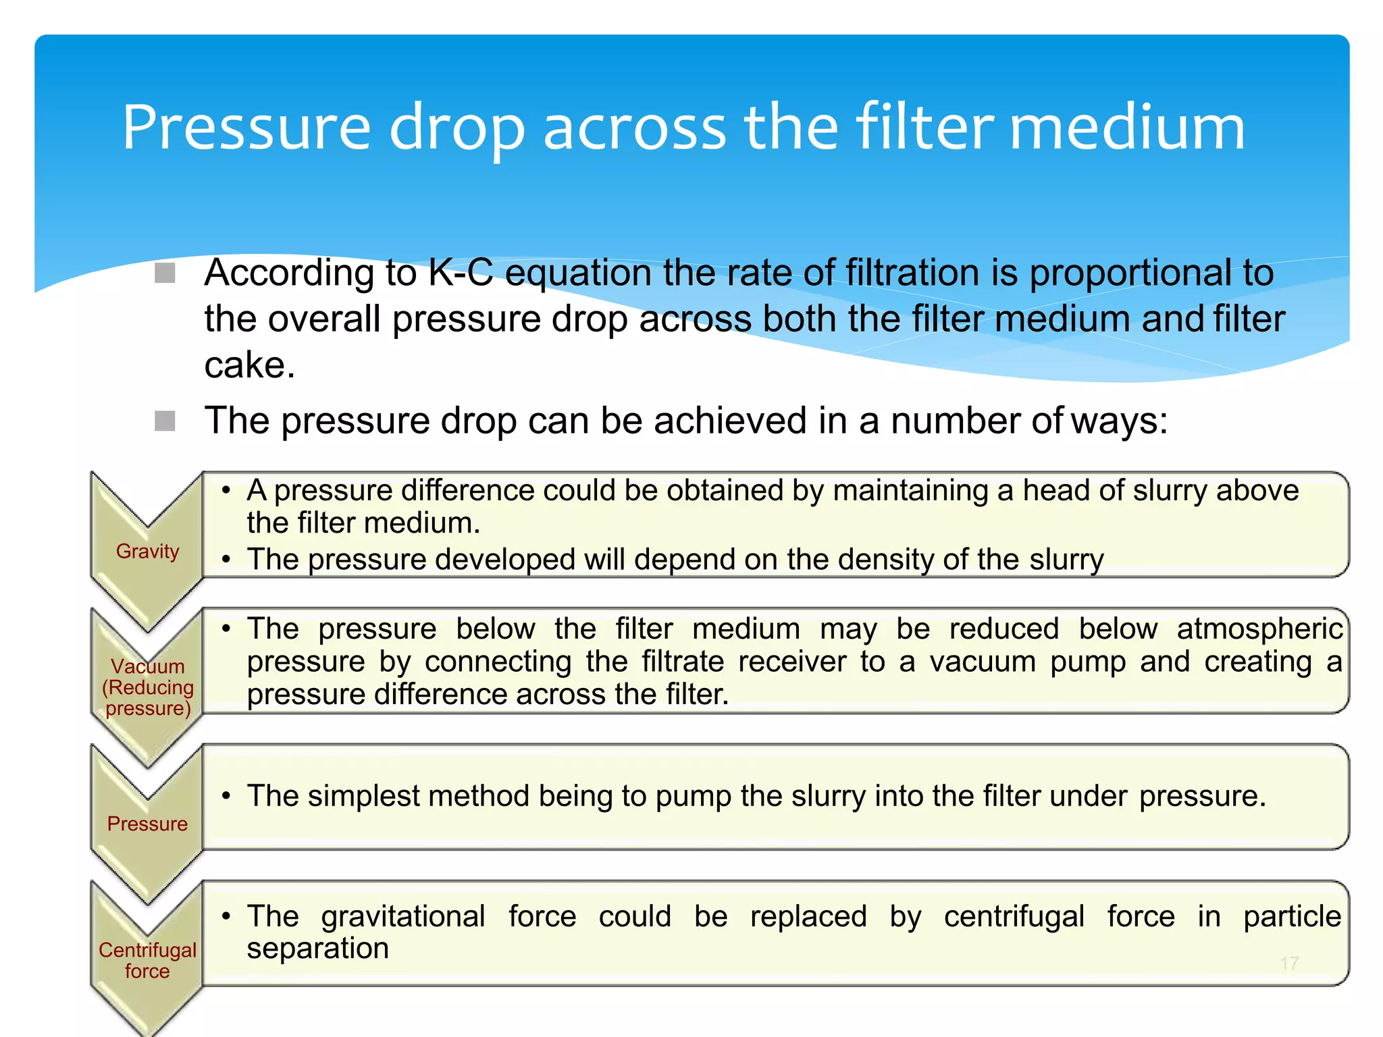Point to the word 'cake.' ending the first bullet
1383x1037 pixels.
[249, 366]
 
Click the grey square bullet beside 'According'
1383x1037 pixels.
[165, 273]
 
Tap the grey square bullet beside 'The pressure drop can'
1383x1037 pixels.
[165, 421]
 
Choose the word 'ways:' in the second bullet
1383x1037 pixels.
[1119, 421]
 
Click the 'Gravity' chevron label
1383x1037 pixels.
[147, 551]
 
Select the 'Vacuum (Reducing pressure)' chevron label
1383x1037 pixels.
[148, 687]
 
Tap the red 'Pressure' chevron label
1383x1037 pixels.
[147, 824]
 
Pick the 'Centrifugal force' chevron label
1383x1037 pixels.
[147, 960]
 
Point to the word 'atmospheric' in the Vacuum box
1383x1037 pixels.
[1259, 629]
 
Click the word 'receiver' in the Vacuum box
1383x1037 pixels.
[792, 662]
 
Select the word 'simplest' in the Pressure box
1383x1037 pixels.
[364, 796]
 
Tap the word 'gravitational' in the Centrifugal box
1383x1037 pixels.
[403, 917]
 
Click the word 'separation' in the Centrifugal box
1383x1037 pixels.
[317, 949]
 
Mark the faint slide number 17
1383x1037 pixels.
[1289, 963]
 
